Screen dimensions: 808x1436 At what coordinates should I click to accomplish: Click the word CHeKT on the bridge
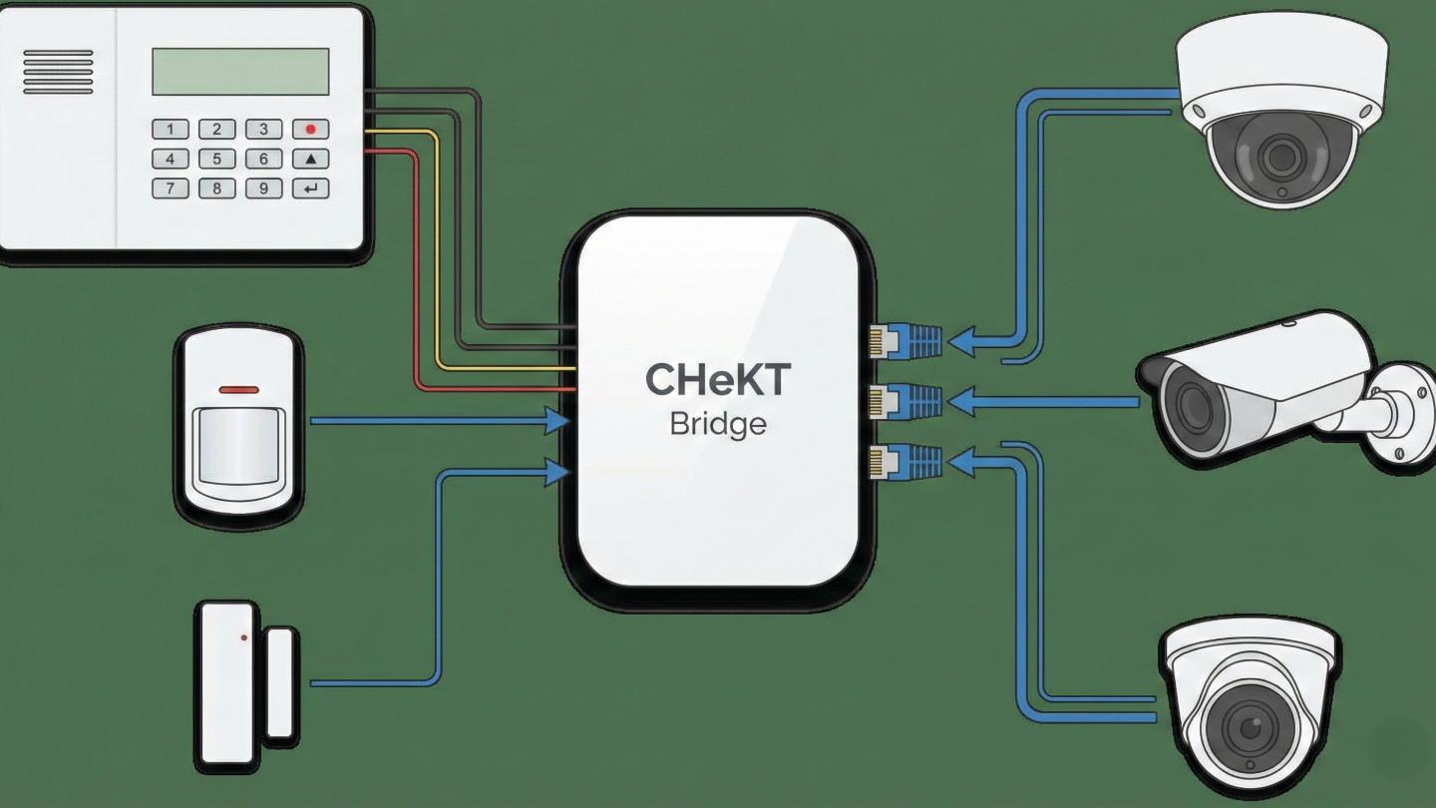tap(718, 380)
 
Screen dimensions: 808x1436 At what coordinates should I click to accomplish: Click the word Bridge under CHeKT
tap(718, 425)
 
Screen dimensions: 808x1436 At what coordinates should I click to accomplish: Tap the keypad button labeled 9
tap(263, 188)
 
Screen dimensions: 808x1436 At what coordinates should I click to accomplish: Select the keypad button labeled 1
tap(171, 129)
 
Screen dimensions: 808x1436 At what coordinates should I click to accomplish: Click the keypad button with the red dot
tap(310, 129)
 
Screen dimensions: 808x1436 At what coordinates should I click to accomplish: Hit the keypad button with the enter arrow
tap(310, 188)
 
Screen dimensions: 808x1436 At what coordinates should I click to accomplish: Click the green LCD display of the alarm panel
tap(240, 71)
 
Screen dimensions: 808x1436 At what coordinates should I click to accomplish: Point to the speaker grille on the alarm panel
tap(58, 72)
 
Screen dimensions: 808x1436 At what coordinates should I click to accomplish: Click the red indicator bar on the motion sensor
tap(238, 389)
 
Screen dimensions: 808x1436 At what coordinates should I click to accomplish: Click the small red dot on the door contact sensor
tap(244, 637)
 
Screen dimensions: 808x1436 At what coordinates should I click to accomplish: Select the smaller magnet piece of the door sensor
tap(280, 683)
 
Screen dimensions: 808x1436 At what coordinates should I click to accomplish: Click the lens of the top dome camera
tap(1278, 155)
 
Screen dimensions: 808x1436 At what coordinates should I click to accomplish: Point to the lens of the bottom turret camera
tap(1251, 726)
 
